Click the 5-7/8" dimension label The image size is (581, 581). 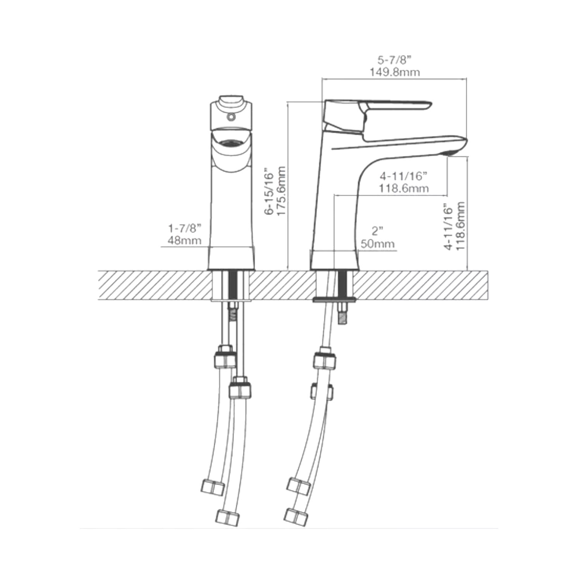(x=394, y=60)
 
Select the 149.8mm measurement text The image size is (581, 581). (x=394, y=72)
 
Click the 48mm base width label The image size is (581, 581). (x=184, y=241)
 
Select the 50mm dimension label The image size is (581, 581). (x=378, y=244)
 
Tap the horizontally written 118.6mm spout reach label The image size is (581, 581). (x=404, y=189)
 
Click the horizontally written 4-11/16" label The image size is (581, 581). (x=403, y=176)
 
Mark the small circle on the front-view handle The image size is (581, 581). (x=231, y=116)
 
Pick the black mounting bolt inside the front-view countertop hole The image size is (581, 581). (x=233, y=285)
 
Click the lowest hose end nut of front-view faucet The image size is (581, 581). (x=228, y=517)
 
